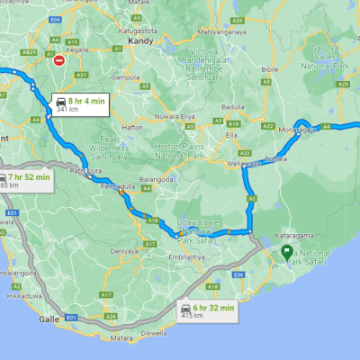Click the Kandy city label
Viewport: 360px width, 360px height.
pyautogui.click(x=136, y=41)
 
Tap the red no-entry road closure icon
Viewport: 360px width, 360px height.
pyautogui.click(x=58, y=61)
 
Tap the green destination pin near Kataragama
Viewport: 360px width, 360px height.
pyautogui.click(x=286, y=252)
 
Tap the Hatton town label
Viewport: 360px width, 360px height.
pyautogui.click(x=133, y=128)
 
